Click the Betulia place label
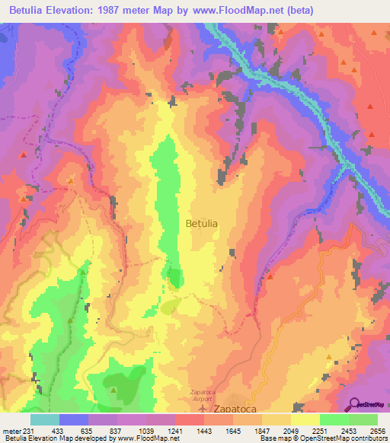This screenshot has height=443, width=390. [201, 224]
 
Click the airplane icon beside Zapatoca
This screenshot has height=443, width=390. [202, 409]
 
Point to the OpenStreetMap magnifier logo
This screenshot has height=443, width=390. [355, 403]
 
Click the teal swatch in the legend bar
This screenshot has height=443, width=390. [45, 419]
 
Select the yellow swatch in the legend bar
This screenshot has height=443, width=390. [305, 419]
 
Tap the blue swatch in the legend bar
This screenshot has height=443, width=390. [74, 419]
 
